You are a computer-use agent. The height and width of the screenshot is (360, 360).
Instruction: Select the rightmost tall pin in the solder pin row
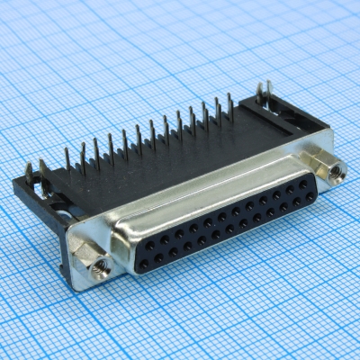(230, 106)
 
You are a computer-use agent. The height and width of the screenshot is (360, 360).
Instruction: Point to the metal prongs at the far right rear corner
(264, 93)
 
